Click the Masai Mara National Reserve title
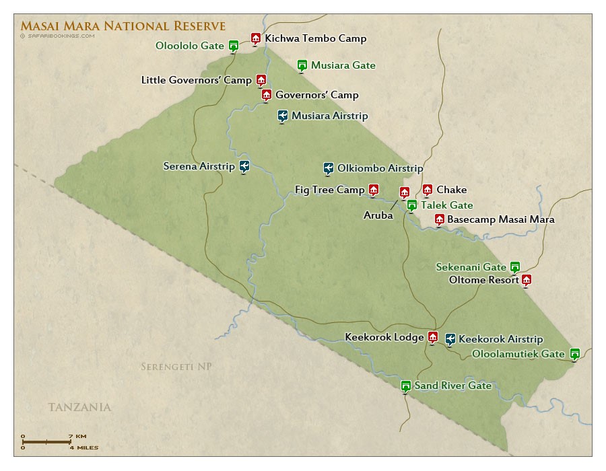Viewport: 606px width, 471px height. pyautogui.click(x=123, y=26)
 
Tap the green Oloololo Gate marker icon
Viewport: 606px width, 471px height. pyautogui.click(x=234, y=46)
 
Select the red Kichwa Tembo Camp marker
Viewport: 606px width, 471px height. pyautogui.click(x=255, y=38)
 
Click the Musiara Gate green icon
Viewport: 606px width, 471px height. pyautogui.click(x=302, y=65)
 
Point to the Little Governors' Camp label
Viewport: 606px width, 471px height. pyautogui.click(x=196, y=80)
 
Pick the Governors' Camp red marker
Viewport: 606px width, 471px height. pyautogui.click(x=266, y=95)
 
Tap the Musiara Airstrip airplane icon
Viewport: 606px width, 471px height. pyautogui.click(x=283, y=116)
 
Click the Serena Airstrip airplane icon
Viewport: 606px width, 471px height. pyautogui.click(x=244, y=166)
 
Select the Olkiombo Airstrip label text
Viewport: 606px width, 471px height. pyautogui.click(x=380, y=168)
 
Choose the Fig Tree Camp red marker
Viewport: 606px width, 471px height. pyautogui.click(x=373, y=190)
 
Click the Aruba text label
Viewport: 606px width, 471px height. pyautogui.click(x=378, y=215)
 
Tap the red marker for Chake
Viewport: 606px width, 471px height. pyautogui.click(x=427, y=190)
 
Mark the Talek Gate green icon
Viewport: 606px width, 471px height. pyautogui.click(x=411, y=205)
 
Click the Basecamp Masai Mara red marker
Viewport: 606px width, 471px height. pyautogui.click(x=439, y=219)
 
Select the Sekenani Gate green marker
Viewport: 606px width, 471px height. pyautogui.click(x=514, y=266)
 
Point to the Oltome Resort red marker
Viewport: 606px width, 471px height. pyautogui.click(x=527, y=280)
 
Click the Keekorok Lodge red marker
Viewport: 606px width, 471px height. pyautogui.click(x=433, y=337)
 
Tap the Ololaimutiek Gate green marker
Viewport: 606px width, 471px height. pyautogui.click(x=574, y=353)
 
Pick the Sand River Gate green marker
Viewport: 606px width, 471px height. pyautogui.click(x=405, y=386)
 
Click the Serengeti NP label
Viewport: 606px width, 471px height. pyautogui.click(x=176, y=367)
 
